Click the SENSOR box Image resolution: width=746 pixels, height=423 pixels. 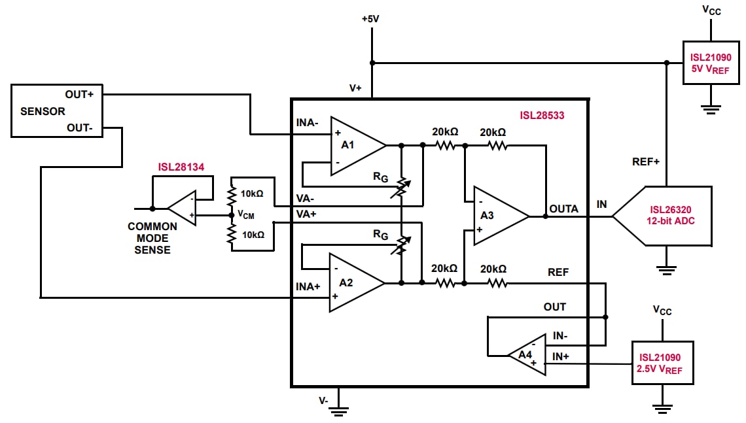click(56, 110)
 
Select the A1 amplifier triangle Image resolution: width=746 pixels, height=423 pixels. click(353, 146)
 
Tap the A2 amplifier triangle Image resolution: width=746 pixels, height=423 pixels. click(353, 282)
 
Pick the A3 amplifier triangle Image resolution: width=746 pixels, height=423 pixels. click(497, 216)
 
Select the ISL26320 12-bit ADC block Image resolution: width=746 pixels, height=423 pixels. click(667, 216)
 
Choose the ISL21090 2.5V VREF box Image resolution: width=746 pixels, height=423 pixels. click(662, 364)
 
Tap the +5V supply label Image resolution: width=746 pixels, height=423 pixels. click(370, 18)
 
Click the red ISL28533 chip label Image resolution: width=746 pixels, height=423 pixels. click(542, 116)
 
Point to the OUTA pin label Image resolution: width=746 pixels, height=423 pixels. click(563, 209)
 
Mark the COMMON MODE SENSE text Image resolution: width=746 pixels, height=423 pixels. click(152, 238)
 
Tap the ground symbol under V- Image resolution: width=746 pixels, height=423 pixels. click(338, 411)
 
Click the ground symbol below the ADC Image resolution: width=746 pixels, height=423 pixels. click(667, 268)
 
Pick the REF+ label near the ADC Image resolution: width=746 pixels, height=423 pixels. click(645, 161)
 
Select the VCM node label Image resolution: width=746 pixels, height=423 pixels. click(245, 214)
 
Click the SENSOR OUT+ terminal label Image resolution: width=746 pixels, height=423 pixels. click(79, 94)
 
